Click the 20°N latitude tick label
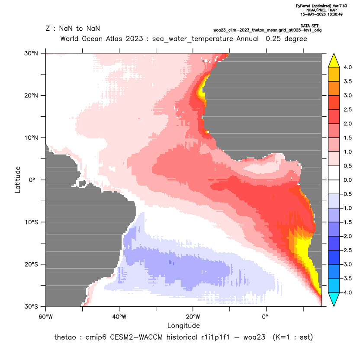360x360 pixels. (x=31, y=96)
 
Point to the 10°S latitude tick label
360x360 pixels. (x=31, y=222)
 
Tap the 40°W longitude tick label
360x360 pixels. (x=119, y=317)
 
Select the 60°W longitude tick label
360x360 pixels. (x=45, y=317)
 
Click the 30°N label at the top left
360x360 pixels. (x=31, y=53)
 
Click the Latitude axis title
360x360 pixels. (x=18, y=180)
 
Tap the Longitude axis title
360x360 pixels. (x=183, y=325)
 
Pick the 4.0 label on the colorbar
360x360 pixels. (x=347, y=67)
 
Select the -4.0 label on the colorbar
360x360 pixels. (x=347, y=292)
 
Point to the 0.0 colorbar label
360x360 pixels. (x=347, y=180)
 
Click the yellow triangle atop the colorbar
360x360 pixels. (x=334, y=61)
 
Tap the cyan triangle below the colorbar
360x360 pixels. (x=334, y=299)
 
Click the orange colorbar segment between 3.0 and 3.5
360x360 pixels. (x=334, y=88)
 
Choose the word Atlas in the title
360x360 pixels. (x=114, y=39)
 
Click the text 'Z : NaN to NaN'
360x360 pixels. (x=73, y=29)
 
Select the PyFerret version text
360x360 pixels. (x=321, y=6)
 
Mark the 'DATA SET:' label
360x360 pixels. (x=310, y=26)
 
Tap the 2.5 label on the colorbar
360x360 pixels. (x=347, y=109)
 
